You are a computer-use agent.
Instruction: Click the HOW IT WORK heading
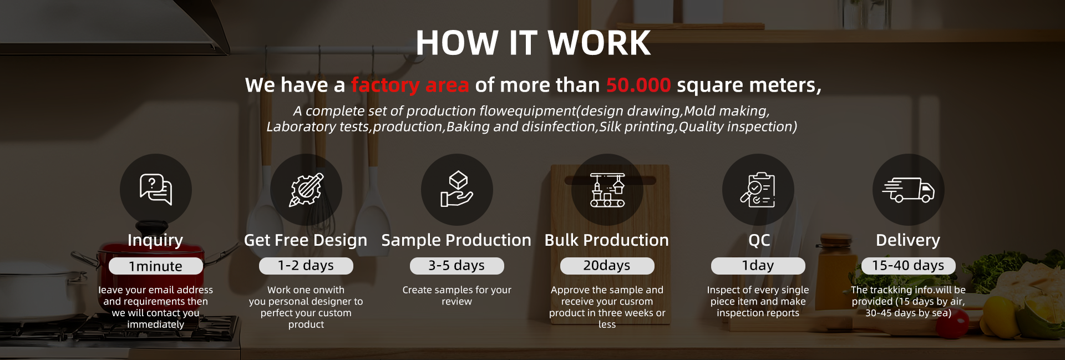[533, 43]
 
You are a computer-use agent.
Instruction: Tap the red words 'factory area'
[410, 85]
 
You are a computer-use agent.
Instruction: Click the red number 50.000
[638, 85]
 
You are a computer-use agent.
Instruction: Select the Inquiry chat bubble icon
[156, 190]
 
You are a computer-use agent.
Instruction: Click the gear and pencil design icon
[306, 190]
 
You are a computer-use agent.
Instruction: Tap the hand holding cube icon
[457, 190]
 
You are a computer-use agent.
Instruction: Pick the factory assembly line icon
[607, 190]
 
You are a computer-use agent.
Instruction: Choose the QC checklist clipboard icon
[758, 190]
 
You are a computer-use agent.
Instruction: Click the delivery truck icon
[909, 190]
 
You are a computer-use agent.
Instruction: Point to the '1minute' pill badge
[156, 266]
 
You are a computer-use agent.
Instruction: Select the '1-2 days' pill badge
[306, 266]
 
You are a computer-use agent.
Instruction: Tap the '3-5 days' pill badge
[457, 266]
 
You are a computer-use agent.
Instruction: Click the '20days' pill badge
[607, 266]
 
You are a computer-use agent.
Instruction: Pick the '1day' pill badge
[758, 266]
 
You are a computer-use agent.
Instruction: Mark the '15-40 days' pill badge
[909, 266]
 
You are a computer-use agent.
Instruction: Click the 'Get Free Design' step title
[306, 240]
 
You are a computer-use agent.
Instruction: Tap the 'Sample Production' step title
[457, 240]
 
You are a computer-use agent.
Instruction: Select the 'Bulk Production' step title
[607, 240]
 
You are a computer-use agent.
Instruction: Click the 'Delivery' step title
[908, 240]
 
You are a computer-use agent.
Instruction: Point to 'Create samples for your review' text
[457, 296]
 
